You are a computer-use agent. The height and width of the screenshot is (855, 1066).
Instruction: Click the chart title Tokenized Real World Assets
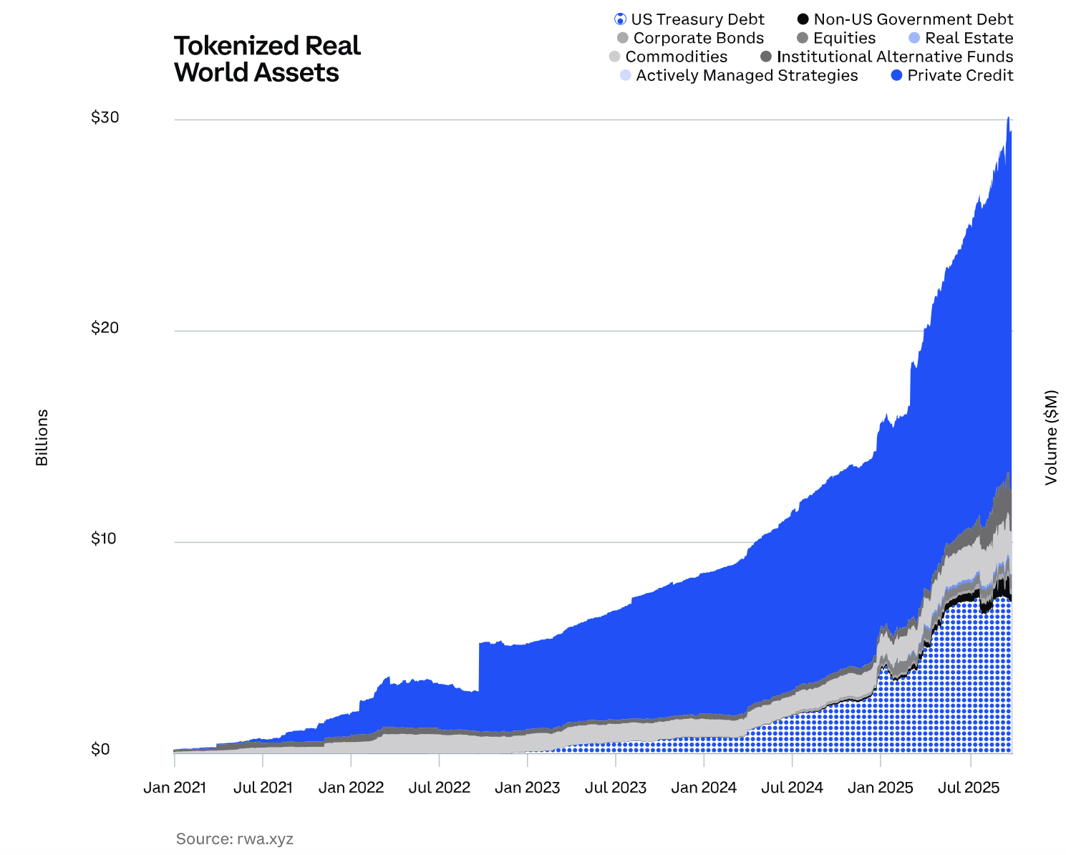pos(267,59)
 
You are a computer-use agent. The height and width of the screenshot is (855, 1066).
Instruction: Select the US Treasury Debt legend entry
pos(689,19)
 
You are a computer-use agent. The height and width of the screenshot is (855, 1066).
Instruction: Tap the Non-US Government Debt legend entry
pos(905,19)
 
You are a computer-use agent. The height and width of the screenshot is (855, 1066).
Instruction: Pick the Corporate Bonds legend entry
pos(690,38)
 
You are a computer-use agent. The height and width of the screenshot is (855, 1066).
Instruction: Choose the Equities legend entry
pos(836,38)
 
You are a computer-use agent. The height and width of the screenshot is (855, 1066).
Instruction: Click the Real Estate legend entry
pos(960,38)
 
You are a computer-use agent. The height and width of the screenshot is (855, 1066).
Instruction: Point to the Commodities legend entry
pos(668,57)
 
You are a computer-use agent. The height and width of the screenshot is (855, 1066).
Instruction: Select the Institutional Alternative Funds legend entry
pos(887,57)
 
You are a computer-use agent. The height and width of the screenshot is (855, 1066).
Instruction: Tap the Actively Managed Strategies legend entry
pos(739,75)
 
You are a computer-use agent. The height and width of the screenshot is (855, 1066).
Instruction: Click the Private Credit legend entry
pos(952,75)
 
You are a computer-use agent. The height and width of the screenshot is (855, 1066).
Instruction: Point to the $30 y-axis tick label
pos(105,117)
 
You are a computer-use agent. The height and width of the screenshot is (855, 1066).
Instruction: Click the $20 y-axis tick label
pos(105,328)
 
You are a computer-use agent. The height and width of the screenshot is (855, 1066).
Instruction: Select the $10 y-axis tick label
pos(105,538)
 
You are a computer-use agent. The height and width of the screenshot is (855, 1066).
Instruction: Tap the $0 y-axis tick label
pos(100,749)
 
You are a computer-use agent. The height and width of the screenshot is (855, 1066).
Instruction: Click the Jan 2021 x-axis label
pos(175,788)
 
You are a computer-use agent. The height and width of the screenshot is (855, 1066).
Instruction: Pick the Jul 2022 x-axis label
pos(440,788)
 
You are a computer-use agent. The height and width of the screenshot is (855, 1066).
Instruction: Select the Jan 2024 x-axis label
pos(704,788)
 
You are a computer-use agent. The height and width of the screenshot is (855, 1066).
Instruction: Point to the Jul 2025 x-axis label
pos(969,788)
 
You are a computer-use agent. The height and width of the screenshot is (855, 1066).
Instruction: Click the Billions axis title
pos(42,437)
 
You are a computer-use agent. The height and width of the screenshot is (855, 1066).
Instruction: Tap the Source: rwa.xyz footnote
pos(235,839)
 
